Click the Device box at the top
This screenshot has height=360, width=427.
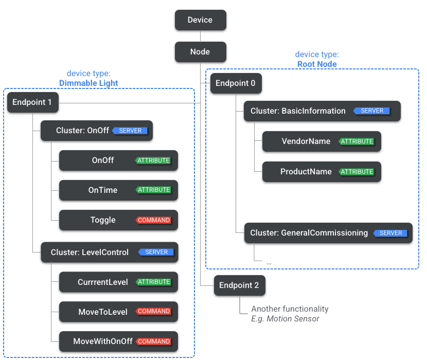point(200,20)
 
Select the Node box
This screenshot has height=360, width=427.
point(200,51)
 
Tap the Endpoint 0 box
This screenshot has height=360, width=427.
point(236,83)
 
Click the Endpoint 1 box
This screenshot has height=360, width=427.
point(32,102)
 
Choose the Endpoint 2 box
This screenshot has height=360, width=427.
point(239,285)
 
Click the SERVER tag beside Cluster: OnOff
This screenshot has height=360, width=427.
point(130,131)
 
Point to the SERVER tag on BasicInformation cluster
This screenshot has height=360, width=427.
point(371,111)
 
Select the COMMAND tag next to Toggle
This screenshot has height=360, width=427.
point(154,220)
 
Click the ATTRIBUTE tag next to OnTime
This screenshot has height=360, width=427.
point(153,190)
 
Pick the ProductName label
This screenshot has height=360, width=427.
point(306,172)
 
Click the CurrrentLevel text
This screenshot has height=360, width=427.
point(103,282)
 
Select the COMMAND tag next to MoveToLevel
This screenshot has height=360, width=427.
point(154,311)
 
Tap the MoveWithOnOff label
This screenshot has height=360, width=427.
point(103,341)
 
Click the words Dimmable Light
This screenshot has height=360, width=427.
point(89,83)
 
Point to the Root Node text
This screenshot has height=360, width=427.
point(317,64)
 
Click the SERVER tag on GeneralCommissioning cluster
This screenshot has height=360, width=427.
point(390,233)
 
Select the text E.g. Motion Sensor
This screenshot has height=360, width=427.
point(285,319)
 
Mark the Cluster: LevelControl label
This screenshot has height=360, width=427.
point(90,252)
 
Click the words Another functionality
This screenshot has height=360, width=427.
point(290,309)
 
